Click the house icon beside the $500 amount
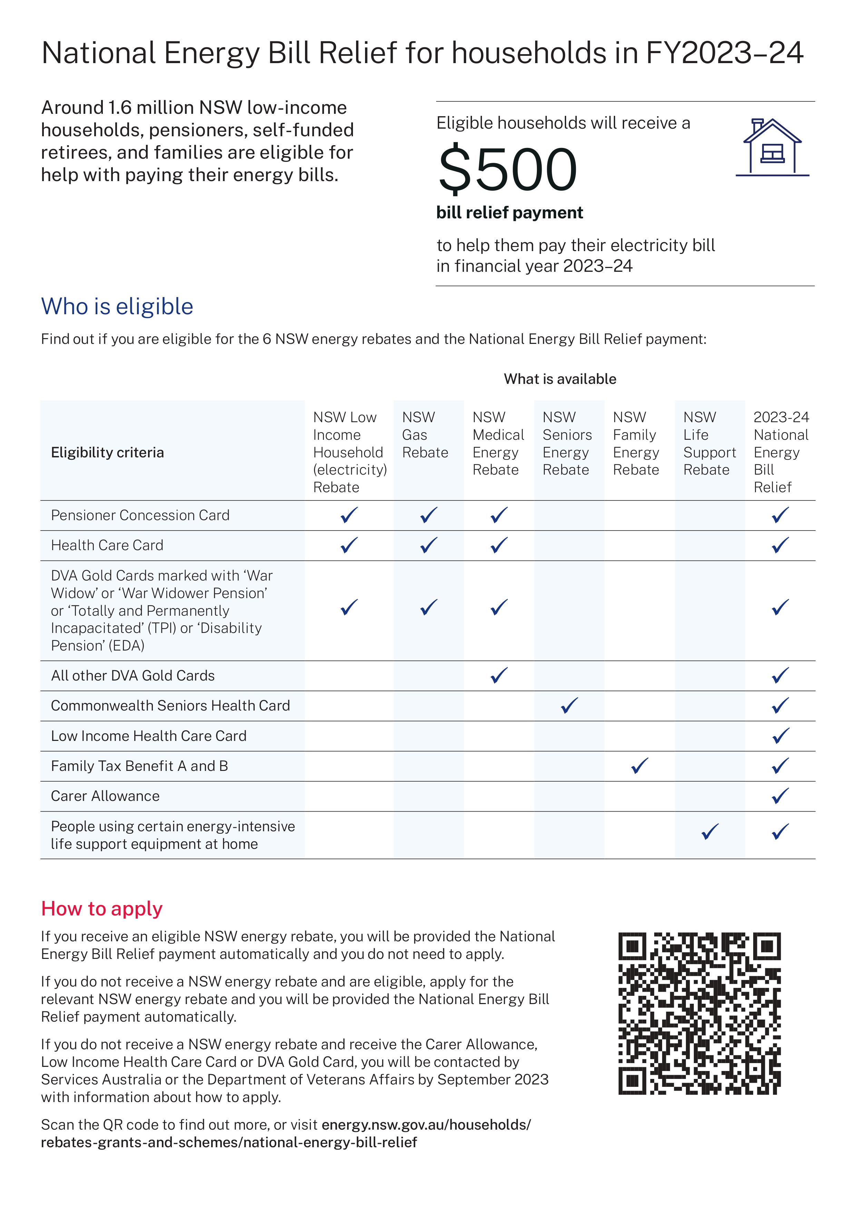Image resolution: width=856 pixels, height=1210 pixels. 772,148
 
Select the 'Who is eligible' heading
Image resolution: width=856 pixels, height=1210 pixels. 117,307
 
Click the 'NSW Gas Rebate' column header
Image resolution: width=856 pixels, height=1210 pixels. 425,435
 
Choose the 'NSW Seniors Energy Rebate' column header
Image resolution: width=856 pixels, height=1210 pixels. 567,443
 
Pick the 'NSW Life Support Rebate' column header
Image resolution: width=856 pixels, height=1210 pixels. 709,443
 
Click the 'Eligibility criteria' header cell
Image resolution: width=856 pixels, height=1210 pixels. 108,452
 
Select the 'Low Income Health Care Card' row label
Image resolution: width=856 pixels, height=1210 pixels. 149,736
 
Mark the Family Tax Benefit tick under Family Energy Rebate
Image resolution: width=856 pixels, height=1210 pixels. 639,766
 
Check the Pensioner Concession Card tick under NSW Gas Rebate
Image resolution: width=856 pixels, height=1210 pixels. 429,515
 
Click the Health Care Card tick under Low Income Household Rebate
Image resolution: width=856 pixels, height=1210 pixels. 349,545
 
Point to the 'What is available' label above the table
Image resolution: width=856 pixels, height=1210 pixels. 560,379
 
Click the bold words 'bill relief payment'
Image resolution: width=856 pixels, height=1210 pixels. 509,212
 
